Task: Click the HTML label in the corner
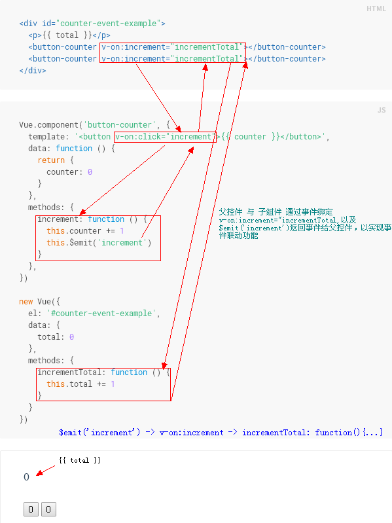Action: tap(376, 9)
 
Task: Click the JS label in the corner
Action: tap(382, 110)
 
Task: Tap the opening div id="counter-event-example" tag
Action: tap(92, 24)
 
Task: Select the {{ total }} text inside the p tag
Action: tap(67, 35)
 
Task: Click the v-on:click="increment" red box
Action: tap(165, 137)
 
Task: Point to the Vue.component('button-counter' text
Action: tap(86, 125)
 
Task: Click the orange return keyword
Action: tap(51, 160)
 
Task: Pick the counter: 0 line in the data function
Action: tap(69, 172)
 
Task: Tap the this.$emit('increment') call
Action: tap(99, 243)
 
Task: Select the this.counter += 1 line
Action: tap(85, 231)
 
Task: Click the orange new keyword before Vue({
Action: tap(26, 302)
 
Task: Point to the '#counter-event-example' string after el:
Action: tap(101, 314)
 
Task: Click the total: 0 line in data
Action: tap(56, 337)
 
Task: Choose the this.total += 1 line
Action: tap(80, 384)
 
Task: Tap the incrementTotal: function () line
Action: tap(103, 372)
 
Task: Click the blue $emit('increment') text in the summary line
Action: tap(99, 433)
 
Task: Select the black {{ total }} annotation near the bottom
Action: tap(80, 460)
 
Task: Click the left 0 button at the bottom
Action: tap(31, 509)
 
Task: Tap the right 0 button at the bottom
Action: tap(48, 509)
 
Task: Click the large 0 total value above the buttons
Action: tap(27, 477)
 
